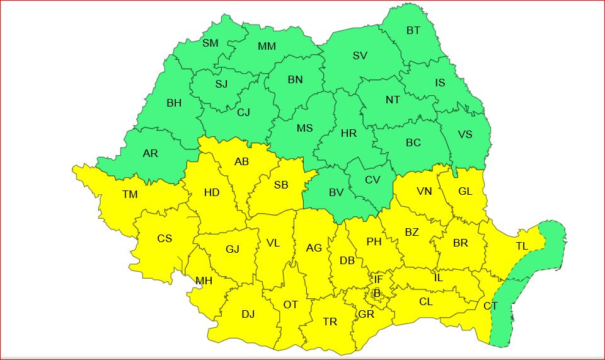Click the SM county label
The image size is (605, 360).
tap(210, 43)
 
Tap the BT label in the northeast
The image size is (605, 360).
tap(413, 30)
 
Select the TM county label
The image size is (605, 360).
tap(130, 195)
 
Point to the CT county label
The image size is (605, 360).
tap(490, 306)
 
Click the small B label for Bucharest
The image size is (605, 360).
tap(377, 293)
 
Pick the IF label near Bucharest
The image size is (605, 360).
tap(378, 279)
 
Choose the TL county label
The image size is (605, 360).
tap(522, 246)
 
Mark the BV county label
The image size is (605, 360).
tap(337, 192)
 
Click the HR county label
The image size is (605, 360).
tap(349, 133)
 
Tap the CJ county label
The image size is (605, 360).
tap(243, 112)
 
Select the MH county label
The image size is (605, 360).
tap(204, 281)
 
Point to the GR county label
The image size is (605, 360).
tap(366, 314)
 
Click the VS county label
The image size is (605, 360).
tap(465, 134)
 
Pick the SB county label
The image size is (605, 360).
tap(281, 185)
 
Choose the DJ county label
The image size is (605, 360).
tap(248, 314)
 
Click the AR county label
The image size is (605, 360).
tap(151, 153)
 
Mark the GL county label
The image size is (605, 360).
tap(465, 192)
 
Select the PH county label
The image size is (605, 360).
tap(374, 241)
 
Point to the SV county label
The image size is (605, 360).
tap(360, 55)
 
